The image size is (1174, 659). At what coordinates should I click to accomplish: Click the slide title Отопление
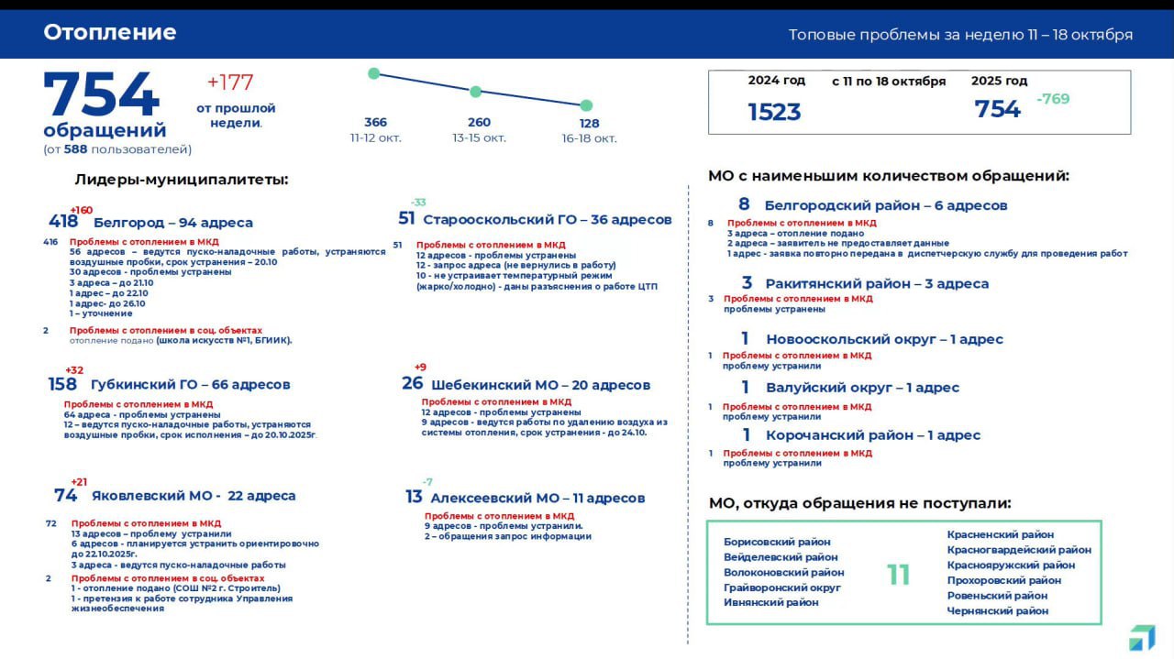pos(110,33)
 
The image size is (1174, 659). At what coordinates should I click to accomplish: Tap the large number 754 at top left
pos(101,95)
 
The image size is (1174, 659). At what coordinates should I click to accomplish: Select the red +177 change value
pos(230,82)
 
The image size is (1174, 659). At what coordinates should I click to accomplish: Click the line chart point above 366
pos(373,73)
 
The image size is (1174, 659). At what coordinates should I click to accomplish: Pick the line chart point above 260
pos(475,92)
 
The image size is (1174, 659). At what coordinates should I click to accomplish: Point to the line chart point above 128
pos(586,105)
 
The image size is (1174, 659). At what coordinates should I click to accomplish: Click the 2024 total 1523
pos(774,112)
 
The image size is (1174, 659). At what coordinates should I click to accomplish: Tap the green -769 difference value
pos(1053,99)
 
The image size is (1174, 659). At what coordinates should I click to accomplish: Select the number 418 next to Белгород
pos(63,222)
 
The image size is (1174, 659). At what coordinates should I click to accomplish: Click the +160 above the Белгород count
pos(81,210)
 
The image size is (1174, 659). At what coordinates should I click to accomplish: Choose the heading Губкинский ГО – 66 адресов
pos(190,385)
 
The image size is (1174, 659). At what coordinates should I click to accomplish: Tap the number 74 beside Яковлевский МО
pos(66,496)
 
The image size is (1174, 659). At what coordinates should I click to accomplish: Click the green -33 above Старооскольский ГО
pos(418,203)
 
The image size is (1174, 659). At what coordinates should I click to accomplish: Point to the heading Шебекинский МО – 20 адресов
pos(540,385)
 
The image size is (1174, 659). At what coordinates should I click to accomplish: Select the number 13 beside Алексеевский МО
pos(414,497)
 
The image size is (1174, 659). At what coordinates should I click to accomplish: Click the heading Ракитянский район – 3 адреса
pos(877,284)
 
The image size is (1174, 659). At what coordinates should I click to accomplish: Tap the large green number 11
pos(898,575)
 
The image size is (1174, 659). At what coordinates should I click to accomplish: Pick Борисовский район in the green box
pos(777,542)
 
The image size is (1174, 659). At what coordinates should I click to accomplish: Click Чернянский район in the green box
pos(997,610)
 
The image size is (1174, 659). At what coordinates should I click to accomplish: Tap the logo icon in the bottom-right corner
pos(1142,638)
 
